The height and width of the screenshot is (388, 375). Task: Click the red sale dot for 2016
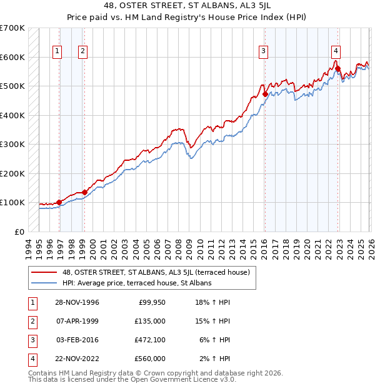(x=265, y=94)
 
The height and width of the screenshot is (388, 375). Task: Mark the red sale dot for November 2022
(x=337, y=69)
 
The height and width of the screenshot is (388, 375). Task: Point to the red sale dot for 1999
(x=84, y=192)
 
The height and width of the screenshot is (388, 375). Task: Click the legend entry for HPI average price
(x=137, y=283)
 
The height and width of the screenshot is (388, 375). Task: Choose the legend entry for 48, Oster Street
(x=156, y=272)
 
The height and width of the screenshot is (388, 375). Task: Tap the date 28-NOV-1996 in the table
(x=76, y=302)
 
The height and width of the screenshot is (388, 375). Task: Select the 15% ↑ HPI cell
(x=214, y=321)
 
